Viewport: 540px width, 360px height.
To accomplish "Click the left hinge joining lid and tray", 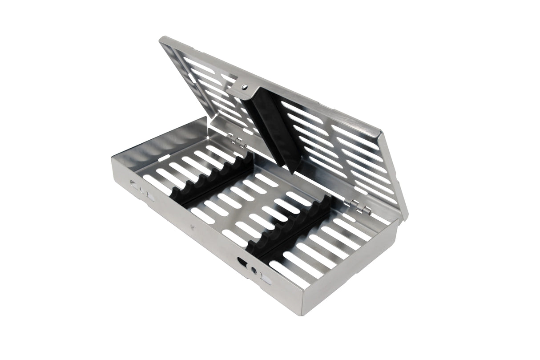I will click(x=238, y=142).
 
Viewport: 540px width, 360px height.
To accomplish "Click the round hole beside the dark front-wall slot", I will click(x=254, y=270).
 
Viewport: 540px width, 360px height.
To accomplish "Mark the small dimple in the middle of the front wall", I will click(x=192, y=228).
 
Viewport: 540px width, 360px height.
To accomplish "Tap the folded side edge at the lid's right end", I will click(x=394, y=174).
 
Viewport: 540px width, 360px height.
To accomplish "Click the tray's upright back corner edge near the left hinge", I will click(x=207, y=120).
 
